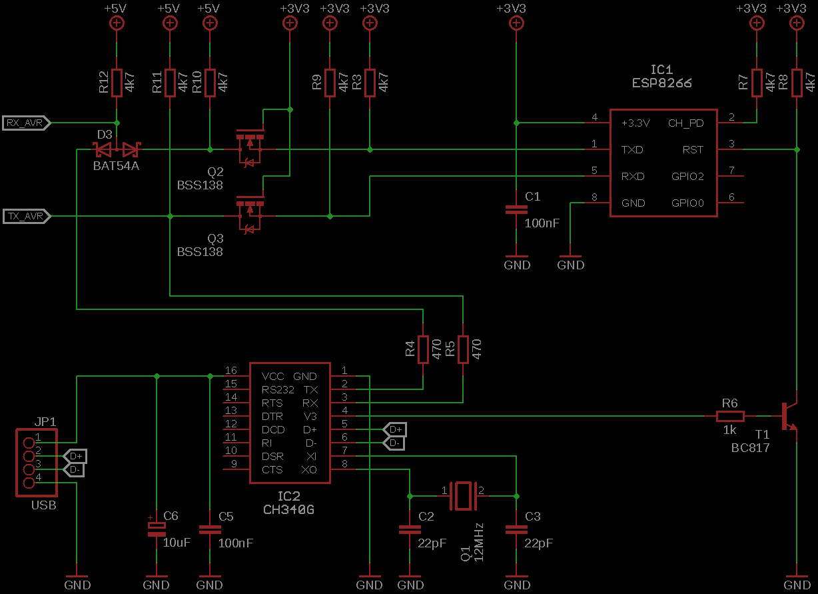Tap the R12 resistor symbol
117,83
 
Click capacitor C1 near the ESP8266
516,209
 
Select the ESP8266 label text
661,84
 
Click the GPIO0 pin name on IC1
687,203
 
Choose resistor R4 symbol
423,349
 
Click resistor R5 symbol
463,349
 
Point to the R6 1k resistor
730,416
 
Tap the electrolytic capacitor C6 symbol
157,529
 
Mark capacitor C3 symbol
516,529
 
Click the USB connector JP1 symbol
36,463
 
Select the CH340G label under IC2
288,510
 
